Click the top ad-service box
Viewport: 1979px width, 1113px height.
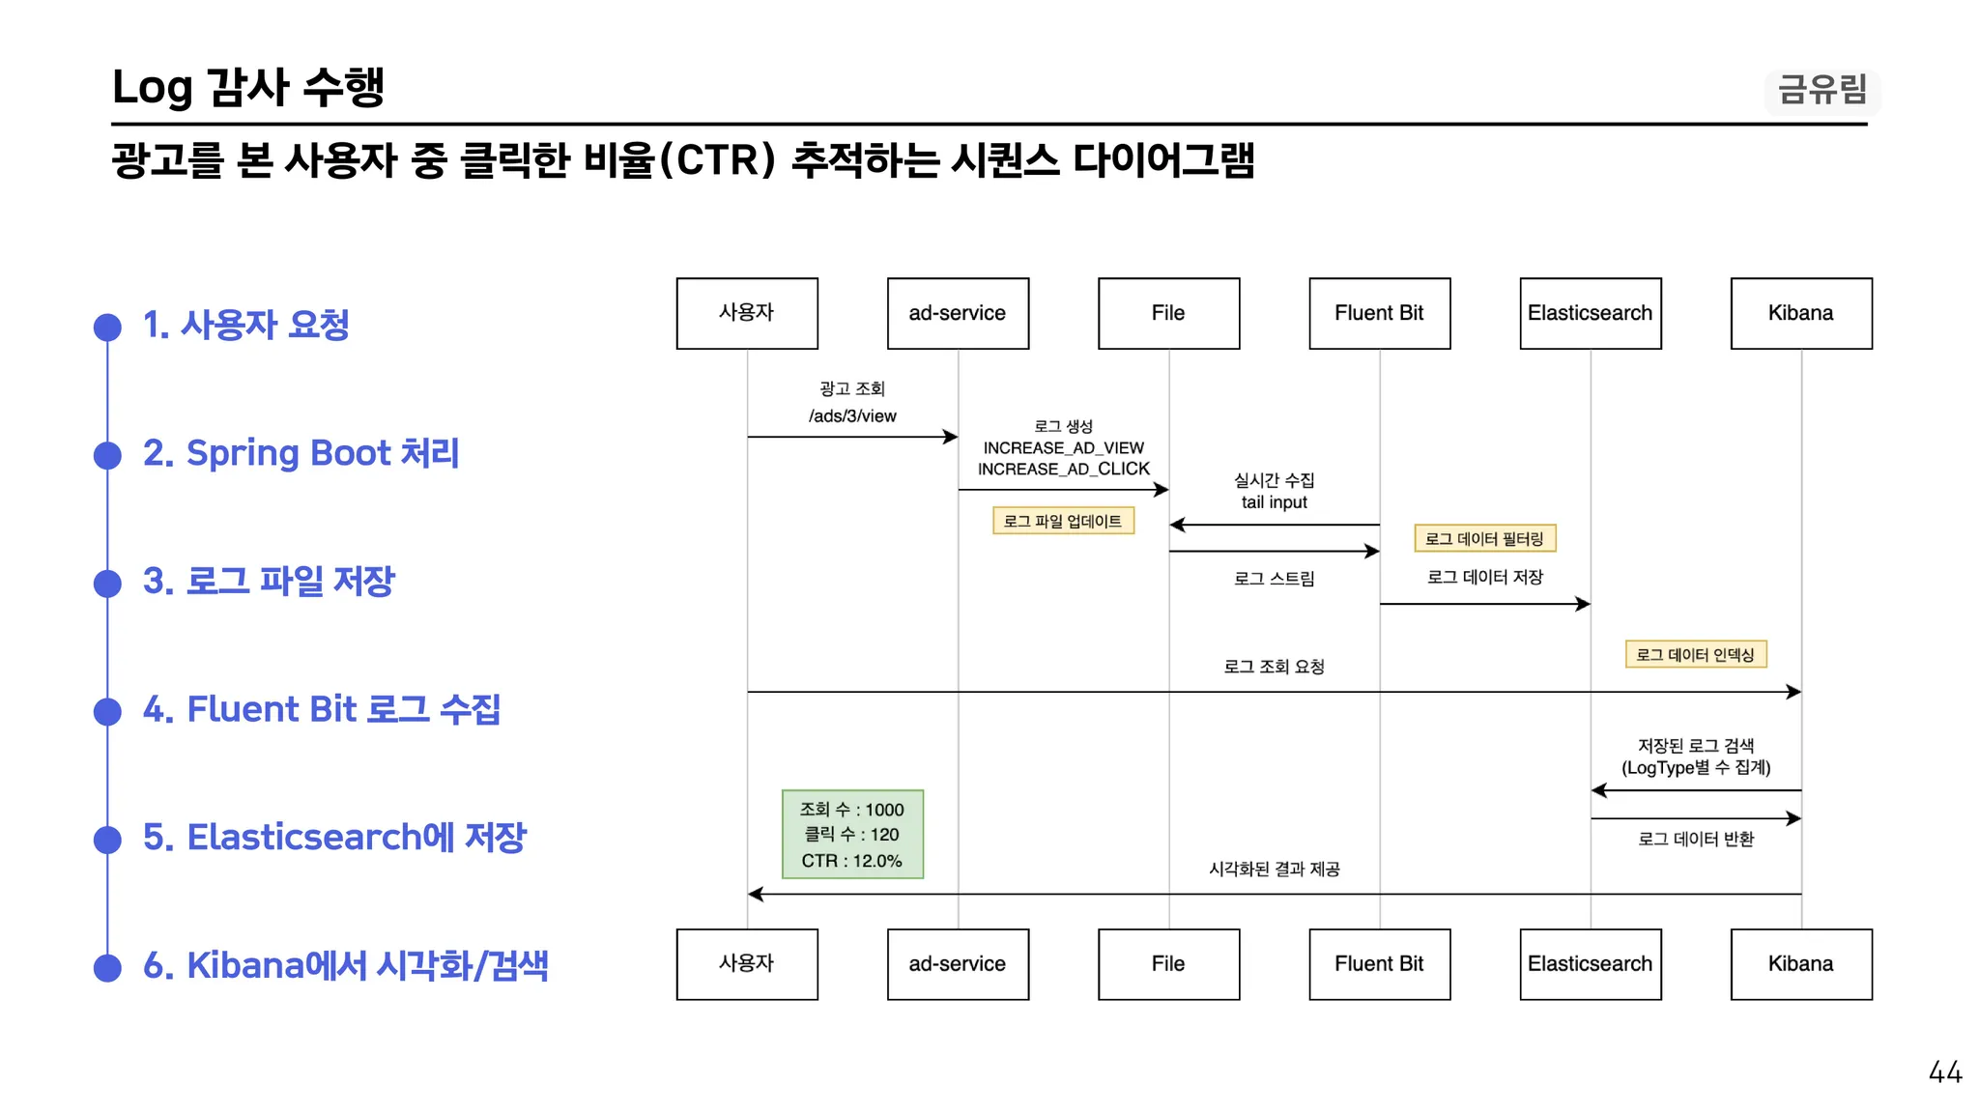point(958,313)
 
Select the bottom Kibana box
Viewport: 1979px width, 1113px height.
point(1801,964)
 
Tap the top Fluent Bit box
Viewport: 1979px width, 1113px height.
point(1380,313)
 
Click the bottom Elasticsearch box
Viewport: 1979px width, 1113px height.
point(1591,964)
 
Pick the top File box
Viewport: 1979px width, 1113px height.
point(1168,313)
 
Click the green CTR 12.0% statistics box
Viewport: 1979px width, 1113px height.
point(852,835)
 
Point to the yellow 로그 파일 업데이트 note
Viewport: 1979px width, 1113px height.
point(1063,521)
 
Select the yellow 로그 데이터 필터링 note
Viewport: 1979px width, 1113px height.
point(1485,538)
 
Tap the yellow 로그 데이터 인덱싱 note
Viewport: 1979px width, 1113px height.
point(1696,654)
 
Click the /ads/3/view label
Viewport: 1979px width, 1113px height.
point(852,416)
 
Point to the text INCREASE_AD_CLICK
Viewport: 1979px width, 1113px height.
point(1063,469)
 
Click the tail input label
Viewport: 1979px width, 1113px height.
point(1274,502)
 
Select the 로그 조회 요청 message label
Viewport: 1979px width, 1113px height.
point(1274,667)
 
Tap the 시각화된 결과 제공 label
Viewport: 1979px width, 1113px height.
point(1274,870)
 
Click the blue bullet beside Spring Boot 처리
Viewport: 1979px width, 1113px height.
point(107,455)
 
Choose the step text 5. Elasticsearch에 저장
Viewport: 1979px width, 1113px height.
point(334,837)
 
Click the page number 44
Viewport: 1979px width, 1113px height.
point(1944,1072)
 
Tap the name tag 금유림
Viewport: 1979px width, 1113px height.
point(1822,90)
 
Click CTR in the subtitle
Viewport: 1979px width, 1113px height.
point(721,160)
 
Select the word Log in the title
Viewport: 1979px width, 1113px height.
point(153,89)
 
